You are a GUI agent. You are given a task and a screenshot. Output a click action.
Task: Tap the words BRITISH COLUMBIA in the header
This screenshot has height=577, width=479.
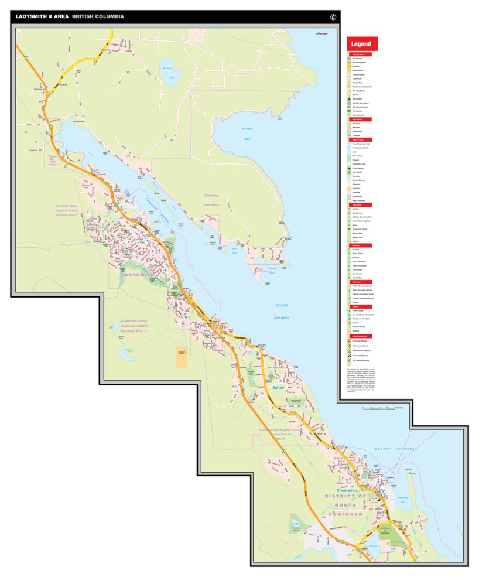pos(98,16)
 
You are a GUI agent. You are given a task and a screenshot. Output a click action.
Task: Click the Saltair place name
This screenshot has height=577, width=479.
pos(279,387)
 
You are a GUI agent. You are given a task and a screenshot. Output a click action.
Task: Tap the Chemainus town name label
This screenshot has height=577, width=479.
pos(349,490)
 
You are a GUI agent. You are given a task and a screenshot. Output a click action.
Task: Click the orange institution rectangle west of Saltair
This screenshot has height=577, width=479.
pos(182,357)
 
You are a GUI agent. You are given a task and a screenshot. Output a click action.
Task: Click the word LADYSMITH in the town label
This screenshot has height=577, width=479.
pos(138,274)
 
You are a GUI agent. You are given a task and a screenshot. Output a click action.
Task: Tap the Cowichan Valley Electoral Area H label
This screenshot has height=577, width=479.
pos(70,211)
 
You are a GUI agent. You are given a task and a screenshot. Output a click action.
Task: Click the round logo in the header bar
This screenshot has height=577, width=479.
pos(334,17)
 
